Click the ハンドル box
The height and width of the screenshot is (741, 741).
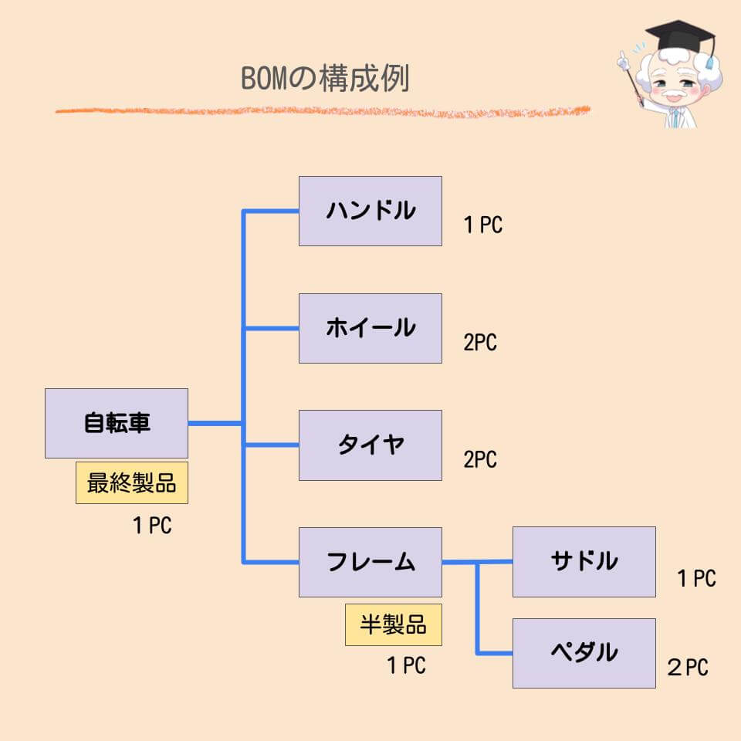370,211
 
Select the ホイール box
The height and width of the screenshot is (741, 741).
370,328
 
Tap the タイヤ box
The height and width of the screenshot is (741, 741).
370,445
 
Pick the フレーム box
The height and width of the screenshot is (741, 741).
370,562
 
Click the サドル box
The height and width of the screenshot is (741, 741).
584,561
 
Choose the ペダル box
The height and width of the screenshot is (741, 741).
584,653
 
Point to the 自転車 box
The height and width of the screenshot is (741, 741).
117,423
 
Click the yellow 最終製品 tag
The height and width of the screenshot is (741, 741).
132,483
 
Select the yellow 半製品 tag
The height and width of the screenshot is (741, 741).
394,624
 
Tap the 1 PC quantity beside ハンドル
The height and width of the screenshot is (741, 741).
483,225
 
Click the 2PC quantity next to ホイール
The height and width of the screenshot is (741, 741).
480,343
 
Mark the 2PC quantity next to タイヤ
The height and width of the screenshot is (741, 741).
480,460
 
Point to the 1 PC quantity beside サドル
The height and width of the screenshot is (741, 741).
696,578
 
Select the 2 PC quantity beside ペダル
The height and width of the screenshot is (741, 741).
687,668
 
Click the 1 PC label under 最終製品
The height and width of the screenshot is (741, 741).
152,526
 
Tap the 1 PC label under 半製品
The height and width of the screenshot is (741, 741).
406,665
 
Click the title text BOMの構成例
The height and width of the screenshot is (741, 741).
325,79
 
